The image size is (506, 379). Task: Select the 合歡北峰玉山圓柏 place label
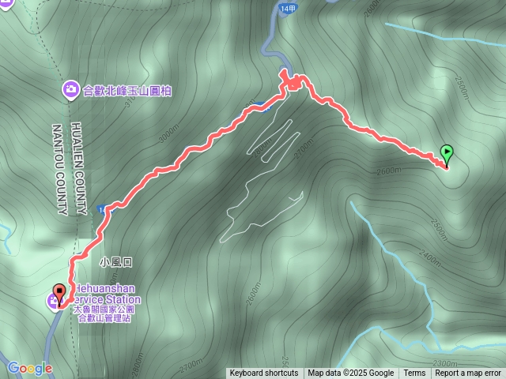(x=126, y=91)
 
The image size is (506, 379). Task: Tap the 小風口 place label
(x=115, y=261)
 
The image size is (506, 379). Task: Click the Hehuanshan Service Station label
(x=107, y=295)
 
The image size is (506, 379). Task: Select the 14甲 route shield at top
(x=287, y=9)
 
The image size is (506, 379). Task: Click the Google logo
(x=29, y=368)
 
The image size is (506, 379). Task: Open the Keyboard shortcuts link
(x=264, y=373)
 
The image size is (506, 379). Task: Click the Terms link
(x=414, y=373)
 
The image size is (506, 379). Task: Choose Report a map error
(x=468, y=373)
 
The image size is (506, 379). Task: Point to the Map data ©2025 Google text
(x=351, y=373)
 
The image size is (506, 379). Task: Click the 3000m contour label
(x=168, y=134)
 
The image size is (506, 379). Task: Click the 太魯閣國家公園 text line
(x=104, y=310)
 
